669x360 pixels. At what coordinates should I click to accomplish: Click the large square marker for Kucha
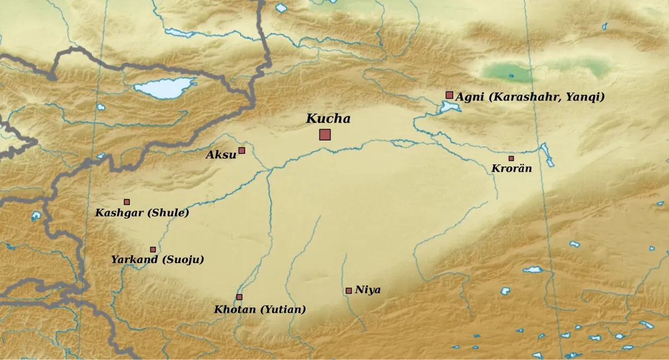click(325, 134)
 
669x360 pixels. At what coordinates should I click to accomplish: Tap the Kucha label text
click(328, 119)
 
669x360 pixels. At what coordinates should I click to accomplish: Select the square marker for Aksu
click(242, 150)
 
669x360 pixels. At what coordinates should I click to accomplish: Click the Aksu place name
click(221, 155)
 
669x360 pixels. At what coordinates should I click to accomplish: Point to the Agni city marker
click(449, 95)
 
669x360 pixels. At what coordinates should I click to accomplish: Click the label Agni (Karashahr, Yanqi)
click(530, 97)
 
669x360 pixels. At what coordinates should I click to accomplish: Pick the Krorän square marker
click(511, 158)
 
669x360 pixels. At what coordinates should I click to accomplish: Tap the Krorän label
click(511, 168)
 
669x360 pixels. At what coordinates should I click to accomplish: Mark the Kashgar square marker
click(127, 202)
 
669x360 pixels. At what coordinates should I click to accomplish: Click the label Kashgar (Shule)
click(142, 213)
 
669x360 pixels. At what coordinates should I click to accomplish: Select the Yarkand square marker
click(153, 250)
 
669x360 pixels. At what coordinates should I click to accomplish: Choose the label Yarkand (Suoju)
click(157, 260)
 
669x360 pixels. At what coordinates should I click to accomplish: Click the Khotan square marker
click(239, 297)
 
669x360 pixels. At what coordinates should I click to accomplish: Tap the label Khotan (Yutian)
click(260, 309)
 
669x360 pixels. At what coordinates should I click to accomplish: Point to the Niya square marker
click(348, 290)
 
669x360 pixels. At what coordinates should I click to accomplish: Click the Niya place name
click(367, 290)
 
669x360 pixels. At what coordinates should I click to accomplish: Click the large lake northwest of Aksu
click(164, 87)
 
